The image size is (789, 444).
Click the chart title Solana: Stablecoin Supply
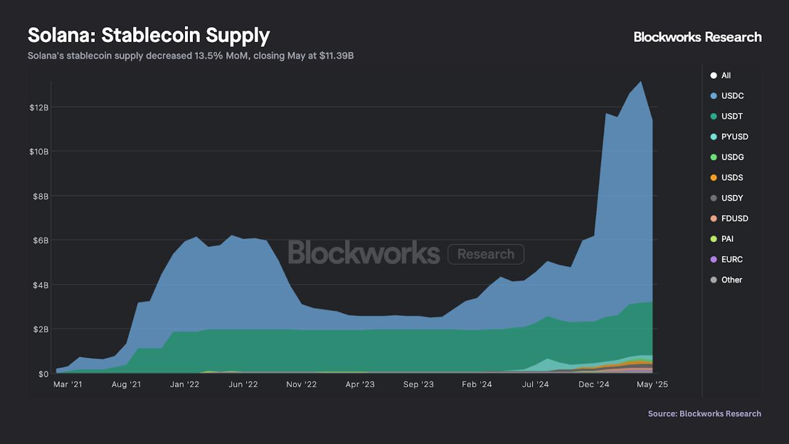(149, 35)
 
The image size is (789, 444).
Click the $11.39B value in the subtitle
(336, 56)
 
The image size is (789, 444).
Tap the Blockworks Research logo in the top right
(697, 37)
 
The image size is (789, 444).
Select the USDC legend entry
(732, 96)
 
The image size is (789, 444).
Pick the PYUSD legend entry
(734, 136)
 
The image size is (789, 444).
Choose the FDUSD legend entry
(734, 218)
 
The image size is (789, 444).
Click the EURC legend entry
(731, 259)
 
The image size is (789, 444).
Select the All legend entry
(726, 75)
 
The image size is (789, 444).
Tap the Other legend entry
(731, 279)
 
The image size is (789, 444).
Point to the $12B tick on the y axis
(38, 107)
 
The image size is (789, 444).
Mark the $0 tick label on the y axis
(43, 374)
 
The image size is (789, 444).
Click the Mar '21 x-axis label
(68, 384)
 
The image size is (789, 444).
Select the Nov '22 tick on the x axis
(301, 384)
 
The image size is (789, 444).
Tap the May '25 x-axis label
(652, 384)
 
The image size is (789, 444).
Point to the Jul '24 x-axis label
(535, 384)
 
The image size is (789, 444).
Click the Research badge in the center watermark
(486, 254)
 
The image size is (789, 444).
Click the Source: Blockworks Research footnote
(704, 414)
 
